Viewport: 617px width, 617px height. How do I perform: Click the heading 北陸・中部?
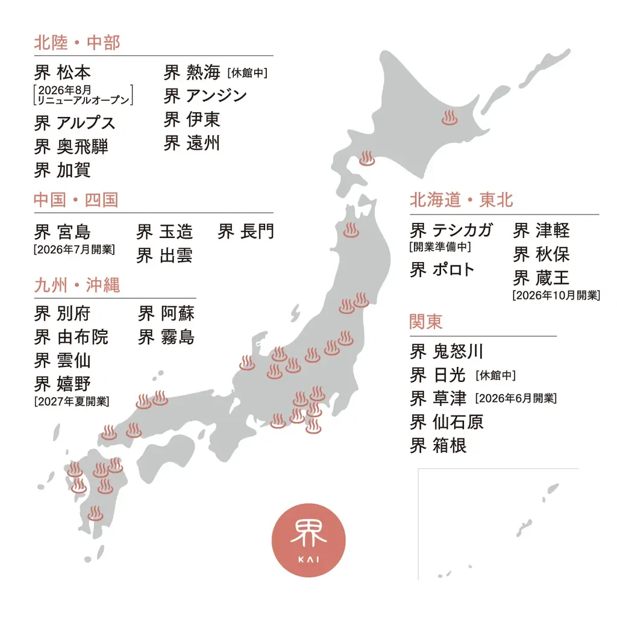point(77,43)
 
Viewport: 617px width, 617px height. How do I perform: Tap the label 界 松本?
point(63,72)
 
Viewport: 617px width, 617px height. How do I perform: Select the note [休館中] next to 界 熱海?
point(247,74)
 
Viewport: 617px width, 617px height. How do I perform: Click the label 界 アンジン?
point(205,96)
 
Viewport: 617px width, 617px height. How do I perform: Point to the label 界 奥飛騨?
point(71,146)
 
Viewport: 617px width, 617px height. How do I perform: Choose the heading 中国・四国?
point(76,200)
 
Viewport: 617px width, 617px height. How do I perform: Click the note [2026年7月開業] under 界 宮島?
point(74,249)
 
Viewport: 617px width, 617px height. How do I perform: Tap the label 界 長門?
point(246,231)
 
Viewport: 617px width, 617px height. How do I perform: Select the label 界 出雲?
point(164,255)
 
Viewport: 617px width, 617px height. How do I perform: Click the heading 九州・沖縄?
point(77,285)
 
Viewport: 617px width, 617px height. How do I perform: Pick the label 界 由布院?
point(71,337)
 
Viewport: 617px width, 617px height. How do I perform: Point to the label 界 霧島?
point(166,337)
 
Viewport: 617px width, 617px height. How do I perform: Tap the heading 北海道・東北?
point(461,200)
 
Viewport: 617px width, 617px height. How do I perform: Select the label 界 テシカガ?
point(451,230)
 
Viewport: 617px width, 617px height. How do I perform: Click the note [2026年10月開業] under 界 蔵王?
point(556,295)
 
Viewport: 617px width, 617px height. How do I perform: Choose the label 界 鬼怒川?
point(446,351)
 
